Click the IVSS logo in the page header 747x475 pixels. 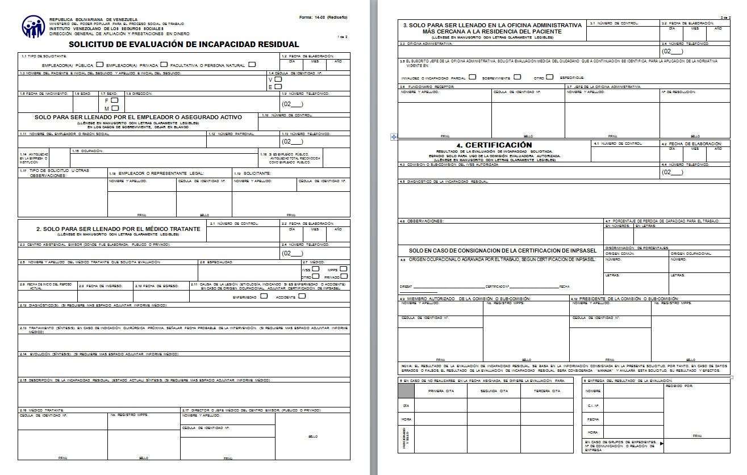(34, 27)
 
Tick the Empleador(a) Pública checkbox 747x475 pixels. (100, 65)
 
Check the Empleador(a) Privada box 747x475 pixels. (164, 65)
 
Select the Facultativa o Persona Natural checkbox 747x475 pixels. (252, 65)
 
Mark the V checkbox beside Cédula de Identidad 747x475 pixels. (278, 79)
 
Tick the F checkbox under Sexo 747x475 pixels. (115, 100)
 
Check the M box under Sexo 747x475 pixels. (115, 108)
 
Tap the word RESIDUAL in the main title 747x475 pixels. (277, 44)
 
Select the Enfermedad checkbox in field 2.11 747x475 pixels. (264, 296)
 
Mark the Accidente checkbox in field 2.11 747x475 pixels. (302, 296)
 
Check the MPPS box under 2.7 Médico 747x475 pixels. (343, 269)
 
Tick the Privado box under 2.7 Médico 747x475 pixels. (343, 276)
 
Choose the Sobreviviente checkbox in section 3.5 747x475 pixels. (517, 77)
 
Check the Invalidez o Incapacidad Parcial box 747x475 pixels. (473, 77)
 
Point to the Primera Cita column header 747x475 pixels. (440, 391)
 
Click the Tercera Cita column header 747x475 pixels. (548, 391)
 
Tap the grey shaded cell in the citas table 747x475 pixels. (406, 390)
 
